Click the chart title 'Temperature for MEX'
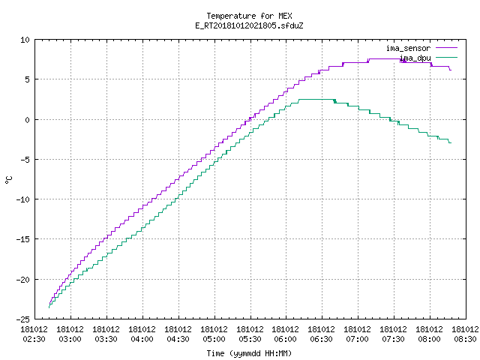tap(249, 16)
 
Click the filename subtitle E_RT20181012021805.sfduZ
tap(249, 25)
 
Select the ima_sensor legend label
tap(408, 48)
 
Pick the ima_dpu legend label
tap(415, 58)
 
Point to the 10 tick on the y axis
tap(25, 40)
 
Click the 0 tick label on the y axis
tap(28, 120)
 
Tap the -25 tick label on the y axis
tap(23, 319)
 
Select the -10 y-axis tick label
tap(23, 199)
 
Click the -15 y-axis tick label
tap(23, 239)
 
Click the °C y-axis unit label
tap(9, 179)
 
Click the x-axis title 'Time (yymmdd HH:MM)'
tap(249, 353)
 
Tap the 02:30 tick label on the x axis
tap(34, 339)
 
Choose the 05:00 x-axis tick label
tap(214, 339)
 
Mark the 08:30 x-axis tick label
tap(465, 339)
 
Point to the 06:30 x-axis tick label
tap(322, 339)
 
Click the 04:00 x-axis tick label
tap(142, 339)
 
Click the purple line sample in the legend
tap(446, 48)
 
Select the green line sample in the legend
tap(446, 57)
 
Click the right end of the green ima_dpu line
tap(451, 142)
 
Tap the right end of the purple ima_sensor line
tap(451, 70)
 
